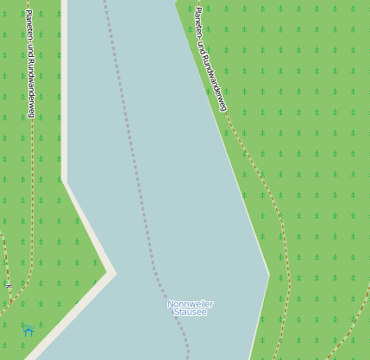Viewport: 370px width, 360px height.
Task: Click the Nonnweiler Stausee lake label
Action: pyautogui.click(x=190, y=308)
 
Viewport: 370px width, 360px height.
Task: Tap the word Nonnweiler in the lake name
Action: pyautogui.click(x=190, y=304)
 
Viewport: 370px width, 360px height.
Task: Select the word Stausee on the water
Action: pyautogui.click(x=190, y=313)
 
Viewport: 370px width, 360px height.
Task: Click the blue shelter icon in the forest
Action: pyautogui.click(x=28, y=330)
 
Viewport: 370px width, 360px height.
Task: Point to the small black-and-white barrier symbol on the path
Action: pyautogui.click(x=9, y=285)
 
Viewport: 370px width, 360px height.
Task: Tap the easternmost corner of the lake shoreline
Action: pyautogui.click(x=269, y=275)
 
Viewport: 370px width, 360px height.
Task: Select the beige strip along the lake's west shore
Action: pyautogui.click(x=64, y=104)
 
